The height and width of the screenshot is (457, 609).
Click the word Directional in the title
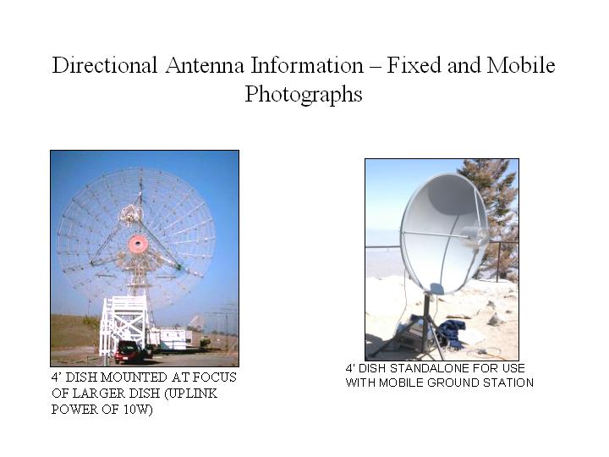(105, 65)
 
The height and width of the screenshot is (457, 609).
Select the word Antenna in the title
(205, 65)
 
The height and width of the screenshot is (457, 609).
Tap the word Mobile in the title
(521, 65)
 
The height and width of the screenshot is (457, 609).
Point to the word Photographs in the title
(304, 95)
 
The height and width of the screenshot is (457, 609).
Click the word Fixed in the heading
(414, 65)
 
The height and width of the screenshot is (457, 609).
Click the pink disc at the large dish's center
(138, 244)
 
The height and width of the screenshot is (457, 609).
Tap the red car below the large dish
(129, 352)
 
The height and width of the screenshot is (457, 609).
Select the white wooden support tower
(123, 324)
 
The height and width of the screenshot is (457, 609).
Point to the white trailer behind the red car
(173, 339)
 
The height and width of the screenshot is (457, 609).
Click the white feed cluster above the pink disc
(131, 214)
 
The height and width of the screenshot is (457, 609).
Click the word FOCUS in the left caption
(214, 377)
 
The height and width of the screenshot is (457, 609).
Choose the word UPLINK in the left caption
(191, 394)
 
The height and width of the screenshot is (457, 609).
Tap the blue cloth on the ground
(451, 333)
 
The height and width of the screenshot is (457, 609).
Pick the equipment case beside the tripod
(412, 333)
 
